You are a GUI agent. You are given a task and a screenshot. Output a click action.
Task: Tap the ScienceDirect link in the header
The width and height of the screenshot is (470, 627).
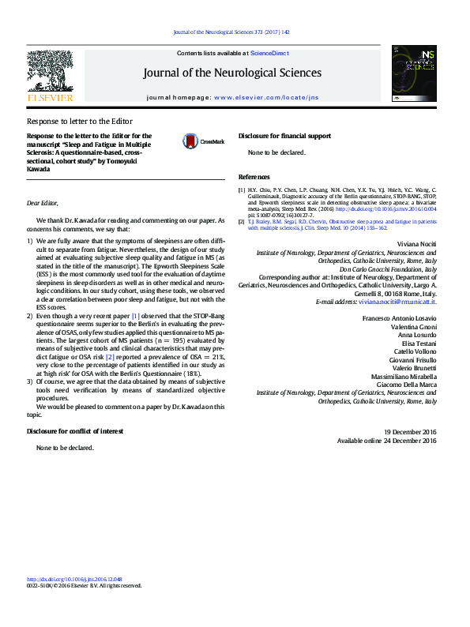click(x=269, y=53)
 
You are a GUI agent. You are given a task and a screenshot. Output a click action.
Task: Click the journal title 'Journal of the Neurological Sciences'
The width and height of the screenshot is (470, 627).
click(x=232, y=73)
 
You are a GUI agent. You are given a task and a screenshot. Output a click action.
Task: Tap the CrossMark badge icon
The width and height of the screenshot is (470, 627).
click(x=191, y=141)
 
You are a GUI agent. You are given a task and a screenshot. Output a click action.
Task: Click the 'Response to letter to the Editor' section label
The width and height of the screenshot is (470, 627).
click(x=80, y=122)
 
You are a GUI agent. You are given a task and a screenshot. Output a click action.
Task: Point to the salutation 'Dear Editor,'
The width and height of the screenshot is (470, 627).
click(x=43, y=203)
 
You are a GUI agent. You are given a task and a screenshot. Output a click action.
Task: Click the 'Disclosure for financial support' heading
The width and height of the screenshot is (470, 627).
click(x=284, y=136)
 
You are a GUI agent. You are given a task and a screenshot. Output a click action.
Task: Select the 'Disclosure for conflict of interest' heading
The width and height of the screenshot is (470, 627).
click(x=75, y=431)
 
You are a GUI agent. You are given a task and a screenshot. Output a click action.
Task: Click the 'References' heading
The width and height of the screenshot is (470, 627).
click(x=254, y=177)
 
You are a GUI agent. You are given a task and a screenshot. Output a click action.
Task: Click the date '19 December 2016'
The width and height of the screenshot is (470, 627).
click(x=410, y=432)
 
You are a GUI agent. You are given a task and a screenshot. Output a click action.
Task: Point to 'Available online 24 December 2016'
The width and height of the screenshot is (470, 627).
click(x=387, y=441)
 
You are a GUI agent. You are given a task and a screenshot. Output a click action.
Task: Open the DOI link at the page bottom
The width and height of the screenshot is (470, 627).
click(x=74, y=578)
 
